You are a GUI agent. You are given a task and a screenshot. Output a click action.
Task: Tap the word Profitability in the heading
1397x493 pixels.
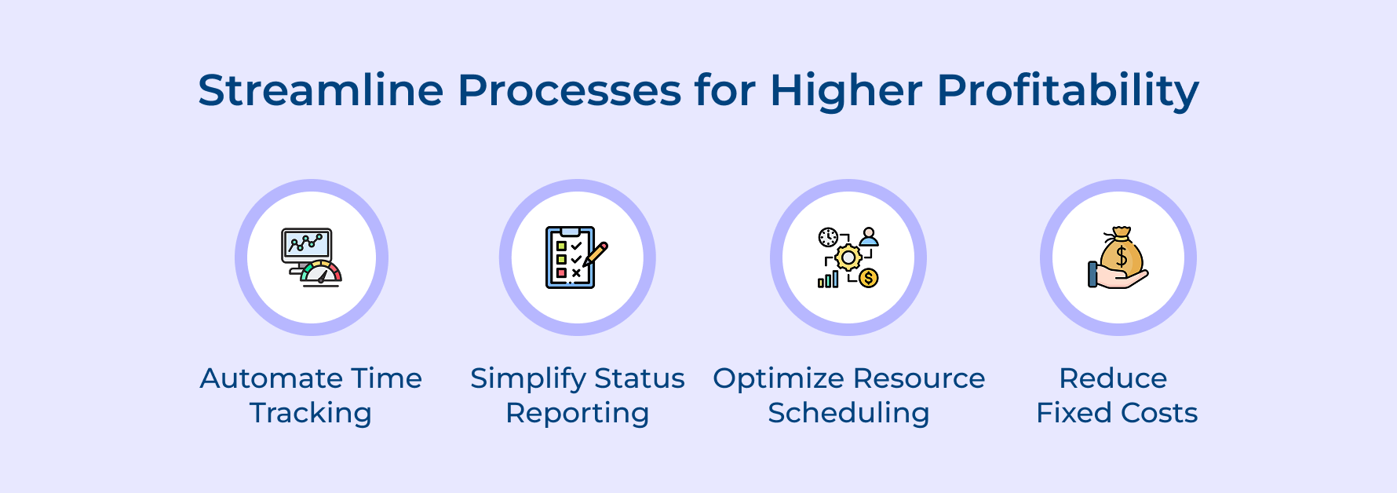pyautogui.click(x=1067, y=92)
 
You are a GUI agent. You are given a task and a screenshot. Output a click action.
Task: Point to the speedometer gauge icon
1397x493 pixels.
pyautogui.click(x=322, y=273)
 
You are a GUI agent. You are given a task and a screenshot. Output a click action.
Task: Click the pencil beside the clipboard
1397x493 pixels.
pyautogui.click(x=596, y=254)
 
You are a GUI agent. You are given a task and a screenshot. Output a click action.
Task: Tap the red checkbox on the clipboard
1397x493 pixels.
pyautogui.click(x=561, y=273)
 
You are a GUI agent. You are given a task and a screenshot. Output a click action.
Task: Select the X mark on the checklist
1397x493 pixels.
pyautogui.click(x=577, y=273)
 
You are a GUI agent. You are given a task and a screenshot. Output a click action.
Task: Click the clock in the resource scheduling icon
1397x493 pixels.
pyautogui.click(x=828, y=237)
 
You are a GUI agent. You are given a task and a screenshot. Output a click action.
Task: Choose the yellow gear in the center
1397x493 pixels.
pyautogui.click(x=848, y=257)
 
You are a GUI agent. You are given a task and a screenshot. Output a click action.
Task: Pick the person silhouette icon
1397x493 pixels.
pyautogui.click(x=868, y=237)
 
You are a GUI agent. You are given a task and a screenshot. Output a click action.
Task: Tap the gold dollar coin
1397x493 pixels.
pyautogui.click(x=868, y=277)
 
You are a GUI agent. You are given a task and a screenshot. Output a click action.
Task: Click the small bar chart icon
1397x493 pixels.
pyautogui.click(x=828, y=279)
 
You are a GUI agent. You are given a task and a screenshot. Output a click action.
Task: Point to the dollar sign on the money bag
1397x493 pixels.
pyautogui.click(x=1122, y=256)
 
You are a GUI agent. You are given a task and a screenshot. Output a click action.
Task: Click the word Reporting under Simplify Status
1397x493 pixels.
pyautogui.click(x=577, y=414)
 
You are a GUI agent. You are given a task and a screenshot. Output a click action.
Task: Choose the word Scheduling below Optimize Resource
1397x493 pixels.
pyautogui.click(x=848, y=414)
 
